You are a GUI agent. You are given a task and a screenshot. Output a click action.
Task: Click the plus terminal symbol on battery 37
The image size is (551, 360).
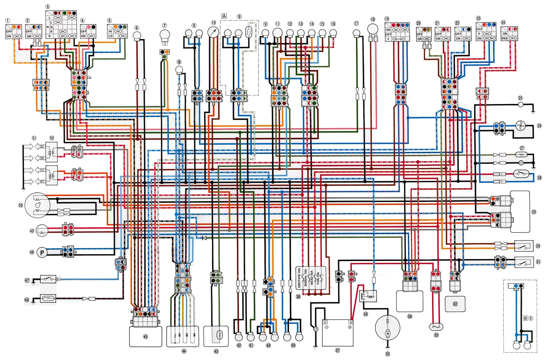[x=350, y=327]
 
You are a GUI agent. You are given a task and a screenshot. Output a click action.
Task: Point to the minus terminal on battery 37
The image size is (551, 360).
[x=326, y=327]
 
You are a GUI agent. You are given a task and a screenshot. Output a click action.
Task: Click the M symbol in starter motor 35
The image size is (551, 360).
[x=387, y=334]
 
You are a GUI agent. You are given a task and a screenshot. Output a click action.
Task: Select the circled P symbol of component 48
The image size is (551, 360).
[x=42, y=253]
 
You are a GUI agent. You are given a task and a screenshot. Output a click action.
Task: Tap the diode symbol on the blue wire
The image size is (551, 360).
[x=204, y=238]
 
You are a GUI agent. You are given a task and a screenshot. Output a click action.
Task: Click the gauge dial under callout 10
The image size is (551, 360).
[x=213, y=32]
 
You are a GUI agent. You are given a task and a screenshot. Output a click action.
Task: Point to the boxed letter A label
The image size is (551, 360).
[x=224, y=16]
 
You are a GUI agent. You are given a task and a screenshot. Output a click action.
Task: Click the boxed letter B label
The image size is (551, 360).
[x=525, y=318]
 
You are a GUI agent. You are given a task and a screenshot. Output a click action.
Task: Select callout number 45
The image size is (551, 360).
[x=145, y=337]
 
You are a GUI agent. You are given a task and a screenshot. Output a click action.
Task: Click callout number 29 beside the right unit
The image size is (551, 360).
[x=534, y=212]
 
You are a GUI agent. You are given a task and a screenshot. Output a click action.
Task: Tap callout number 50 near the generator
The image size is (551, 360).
[x=21, y=205]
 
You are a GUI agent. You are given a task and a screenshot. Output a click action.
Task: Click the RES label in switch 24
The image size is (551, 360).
[x=505, y=38]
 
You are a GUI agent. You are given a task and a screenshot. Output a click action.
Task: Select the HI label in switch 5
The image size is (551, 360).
[x=110, y=31]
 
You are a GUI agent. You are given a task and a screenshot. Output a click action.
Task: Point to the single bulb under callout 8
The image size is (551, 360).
[x=179, y=70]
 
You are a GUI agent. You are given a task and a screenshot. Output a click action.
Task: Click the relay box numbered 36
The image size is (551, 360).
[x=368, y=296]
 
